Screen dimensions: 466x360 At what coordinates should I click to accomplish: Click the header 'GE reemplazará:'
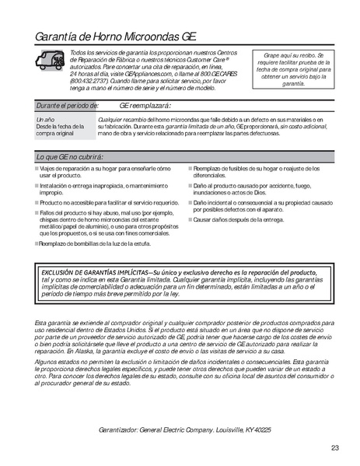[x=145, y=104]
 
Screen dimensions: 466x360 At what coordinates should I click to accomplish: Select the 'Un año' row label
[x=46, y=119]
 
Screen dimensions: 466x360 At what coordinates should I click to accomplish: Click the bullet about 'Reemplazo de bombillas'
[x=93, y=243]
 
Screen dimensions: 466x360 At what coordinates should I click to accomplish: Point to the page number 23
[x=334, y=447]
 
